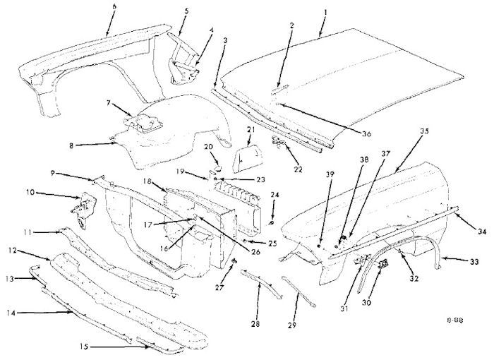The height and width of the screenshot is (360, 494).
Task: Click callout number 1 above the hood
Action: (x=325, y=12)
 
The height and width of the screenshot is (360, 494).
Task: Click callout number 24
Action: (x=275, y=194)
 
